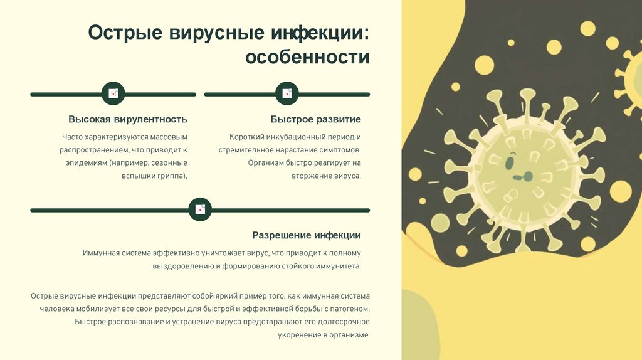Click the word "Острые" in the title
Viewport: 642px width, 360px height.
point(125,33)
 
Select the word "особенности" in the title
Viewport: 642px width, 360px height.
point(307,58)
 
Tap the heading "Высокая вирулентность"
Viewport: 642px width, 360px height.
point(128,119)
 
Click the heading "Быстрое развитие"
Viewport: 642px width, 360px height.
point(316,119)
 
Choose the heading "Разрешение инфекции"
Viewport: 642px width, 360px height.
point(307,235)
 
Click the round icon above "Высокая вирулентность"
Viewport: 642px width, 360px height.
point(113,94)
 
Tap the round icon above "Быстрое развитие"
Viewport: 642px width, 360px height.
point(287,94)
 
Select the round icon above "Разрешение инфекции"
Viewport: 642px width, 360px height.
point(201,209)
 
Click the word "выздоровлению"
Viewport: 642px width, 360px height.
point(184,266)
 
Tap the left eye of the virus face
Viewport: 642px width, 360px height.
point(509,162)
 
